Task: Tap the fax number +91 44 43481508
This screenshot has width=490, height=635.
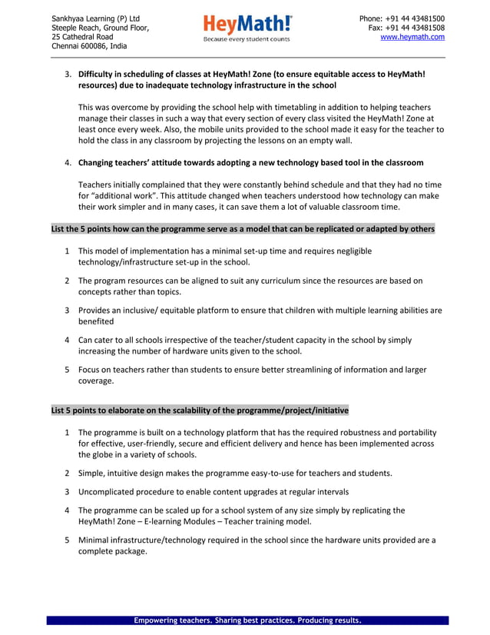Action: click(416, 28)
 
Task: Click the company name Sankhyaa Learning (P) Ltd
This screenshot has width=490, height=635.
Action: click(95, 18)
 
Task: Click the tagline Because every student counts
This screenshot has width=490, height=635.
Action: click(247, 39)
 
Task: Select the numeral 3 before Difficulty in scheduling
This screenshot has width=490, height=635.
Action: click(68, 75)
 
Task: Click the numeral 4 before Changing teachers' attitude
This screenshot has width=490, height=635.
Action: click(68, 163)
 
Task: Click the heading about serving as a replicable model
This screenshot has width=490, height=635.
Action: click(243, 229)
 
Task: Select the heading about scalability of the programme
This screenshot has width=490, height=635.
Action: click(200, 410)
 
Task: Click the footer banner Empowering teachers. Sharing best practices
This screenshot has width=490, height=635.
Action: click(247, 620)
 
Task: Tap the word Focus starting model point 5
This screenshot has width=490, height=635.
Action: click(91, 370)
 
